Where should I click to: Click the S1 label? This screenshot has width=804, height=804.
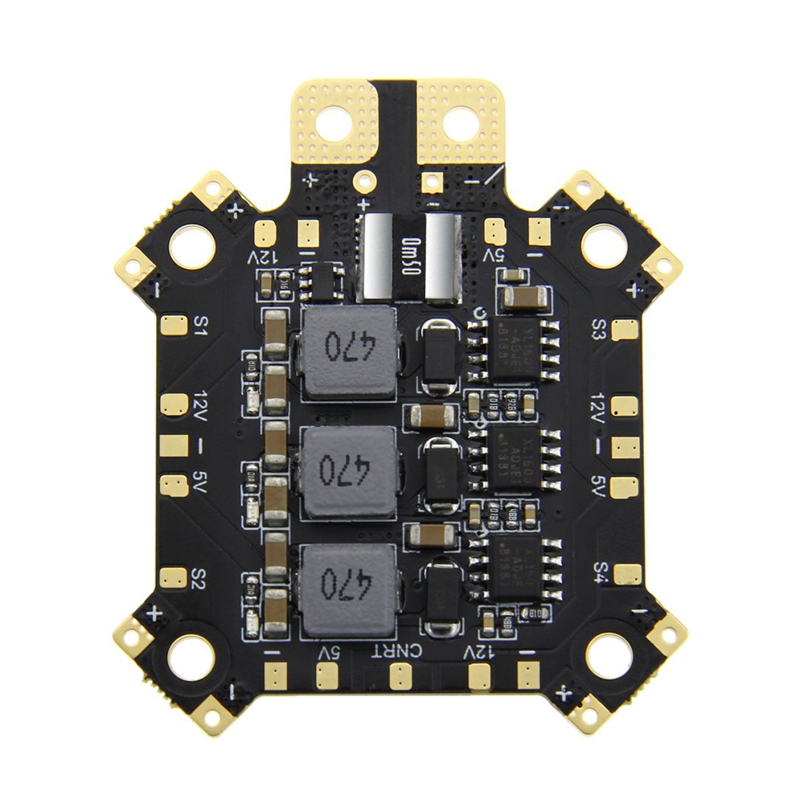202,326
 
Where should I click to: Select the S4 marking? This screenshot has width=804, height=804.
601,572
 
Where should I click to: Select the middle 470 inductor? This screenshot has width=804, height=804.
349,467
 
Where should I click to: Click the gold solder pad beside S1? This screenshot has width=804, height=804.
170,326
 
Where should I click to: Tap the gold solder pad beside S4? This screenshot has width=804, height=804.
628,574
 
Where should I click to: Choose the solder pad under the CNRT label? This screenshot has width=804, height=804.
397,676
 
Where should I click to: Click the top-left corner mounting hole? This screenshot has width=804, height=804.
193,244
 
